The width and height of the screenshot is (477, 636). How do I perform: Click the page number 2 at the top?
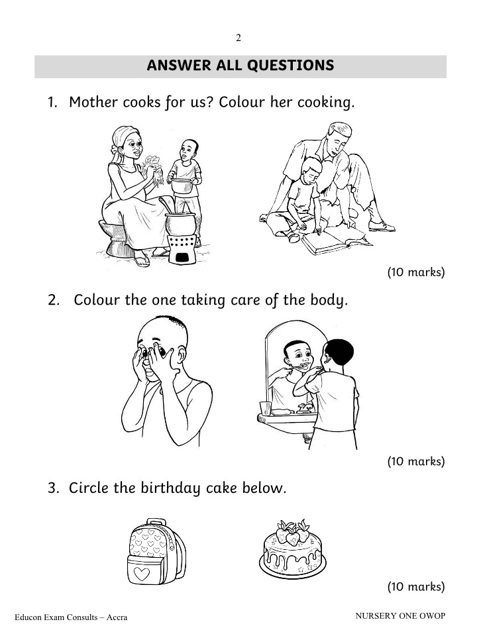pos(238,38)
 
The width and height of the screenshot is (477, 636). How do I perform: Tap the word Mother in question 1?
pos(93,102)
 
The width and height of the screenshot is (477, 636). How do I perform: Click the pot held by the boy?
pos(183,185)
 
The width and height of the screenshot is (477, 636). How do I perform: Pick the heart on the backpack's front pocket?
pos(142,573)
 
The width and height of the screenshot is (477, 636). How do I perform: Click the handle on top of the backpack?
pos(156,522)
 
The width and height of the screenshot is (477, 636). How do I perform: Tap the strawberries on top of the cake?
pos(292,532)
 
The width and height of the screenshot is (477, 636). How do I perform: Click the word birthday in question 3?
pos(171,488)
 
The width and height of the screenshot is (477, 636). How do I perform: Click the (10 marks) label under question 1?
pos(416,272)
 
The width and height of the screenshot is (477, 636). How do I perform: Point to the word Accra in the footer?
pos(117,617)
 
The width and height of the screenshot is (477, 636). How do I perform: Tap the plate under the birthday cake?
pos(292,570)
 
